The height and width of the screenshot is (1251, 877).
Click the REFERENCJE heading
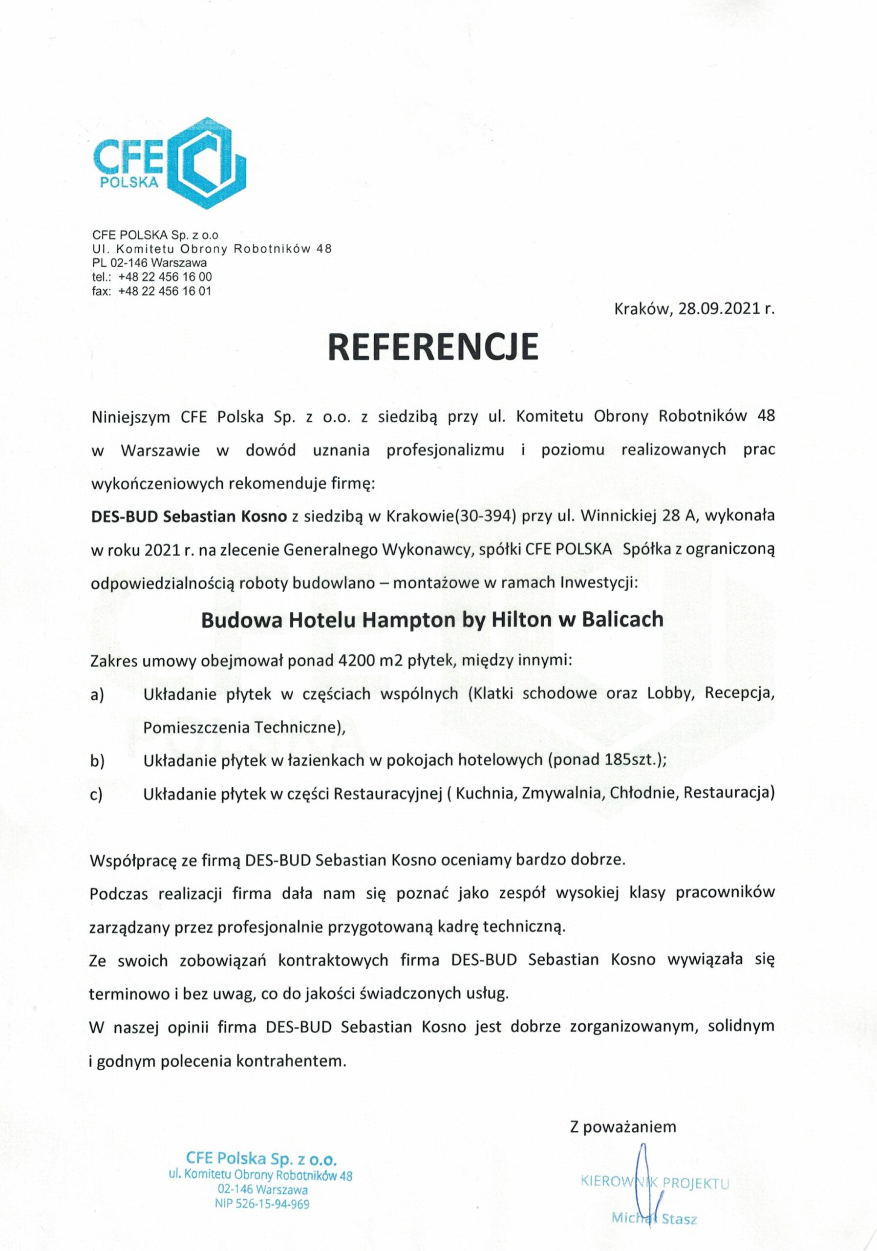[x=433, y=346]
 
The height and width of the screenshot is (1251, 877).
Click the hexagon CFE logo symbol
[x=205, y=163]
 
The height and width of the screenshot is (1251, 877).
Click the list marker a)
[x=98, y=695]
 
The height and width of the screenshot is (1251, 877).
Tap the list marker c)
[x=97, y=794]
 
